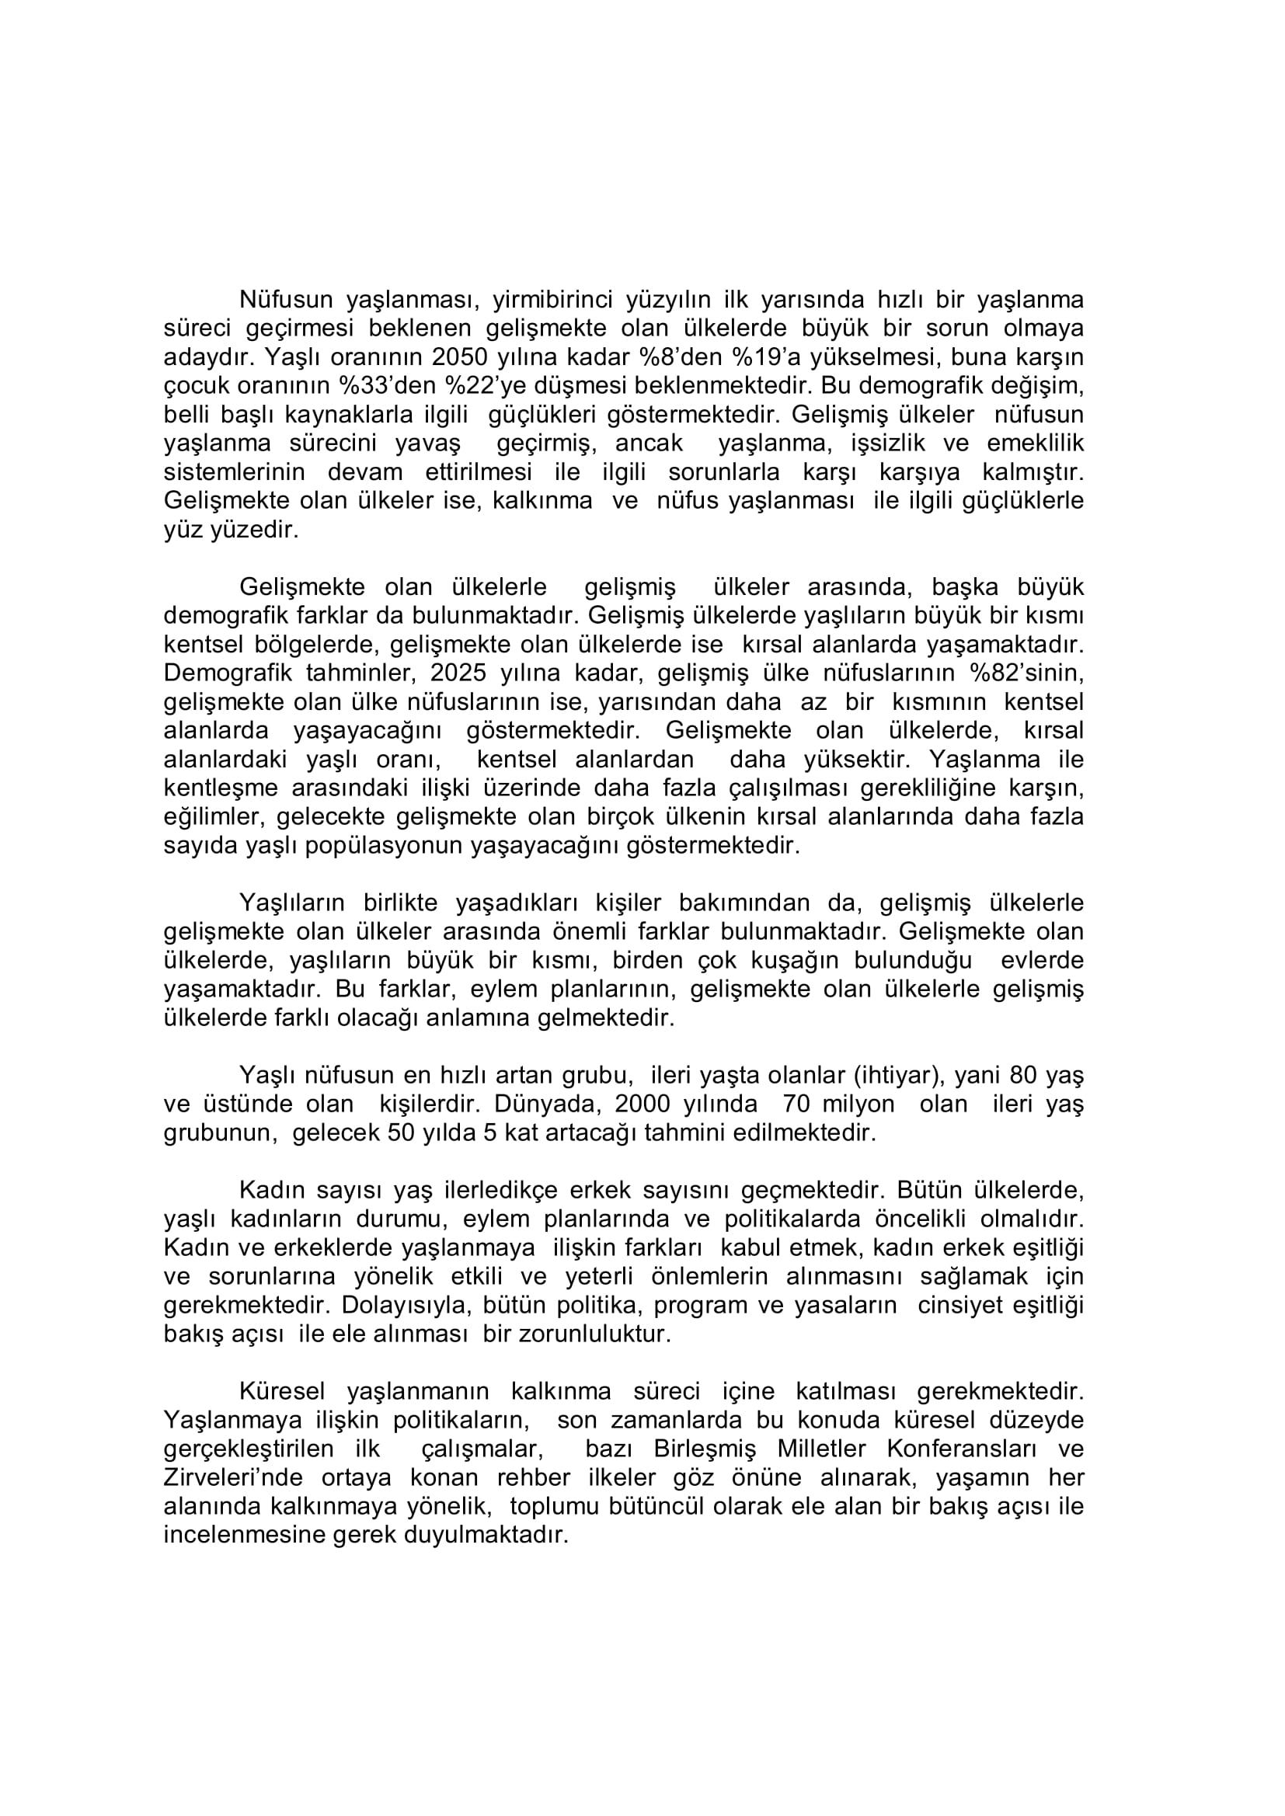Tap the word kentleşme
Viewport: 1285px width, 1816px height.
point(221,788)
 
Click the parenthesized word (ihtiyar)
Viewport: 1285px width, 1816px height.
point(898,1076)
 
